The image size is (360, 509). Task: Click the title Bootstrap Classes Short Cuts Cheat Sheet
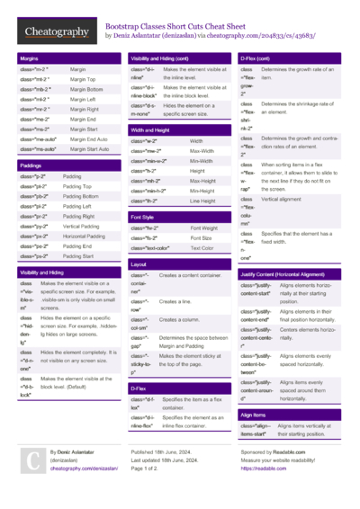pyautogui.click(x=183, y=27)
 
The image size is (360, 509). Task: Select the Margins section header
pyautogui.click(x=29, y=58)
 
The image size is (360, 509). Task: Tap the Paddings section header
pyautogui.click(x=31, y=165)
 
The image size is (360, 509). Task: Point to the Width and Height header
pyautogui.click(x=150, y=130)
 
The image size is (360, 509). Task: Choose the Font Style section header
pyautogui.click(x=143, y=217)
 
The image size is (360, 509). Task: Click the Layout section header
pyautogui.click(x=139, y=264)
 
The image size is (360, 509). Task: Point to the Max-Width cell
pyautogui.click(x=202, y=151)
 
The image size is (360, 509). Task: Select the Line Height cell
pyautogui.click(x=202, y=201)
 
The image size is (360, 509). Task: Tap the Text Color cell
pyautogui.click(x=202, y=247)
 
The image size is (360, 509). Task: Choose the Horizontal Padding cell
pyautogui.click(x=87, y=236)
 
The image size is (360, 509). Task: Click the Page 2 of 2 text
pyautogui.click(x=148, y=469)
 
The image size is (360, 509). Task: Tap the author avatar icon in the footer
pyautogui.click(x=32, y=460)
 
